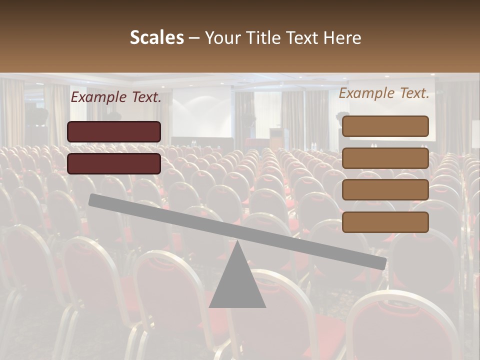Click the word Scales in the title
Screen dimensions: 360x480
(156, 37)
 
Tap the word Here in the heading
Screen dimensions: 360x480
(342, 37)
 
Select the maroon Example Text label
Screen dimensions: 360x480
(116, 97)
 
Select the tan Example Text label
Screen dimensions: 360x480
(384, 93)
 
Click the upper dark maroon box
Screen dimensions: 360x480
(114, 131)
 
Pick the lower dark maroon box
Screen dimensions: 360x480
(114, 163)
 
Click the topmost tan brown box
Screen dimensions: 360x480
(385, 126)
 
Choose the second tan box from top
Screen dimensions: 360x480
(385, 158)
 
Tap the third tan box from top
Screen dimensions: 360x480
(385, 190)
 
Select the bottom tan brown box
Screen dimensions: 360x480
(385, 222)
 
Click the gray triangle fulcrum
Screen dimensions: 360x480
(237, 285)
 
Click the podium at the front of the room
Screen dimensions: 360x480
(278, 137)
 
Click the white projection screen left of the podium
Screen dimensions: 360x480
(201, 117)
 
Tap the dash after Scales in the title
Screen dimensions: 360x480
(194, 38)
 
